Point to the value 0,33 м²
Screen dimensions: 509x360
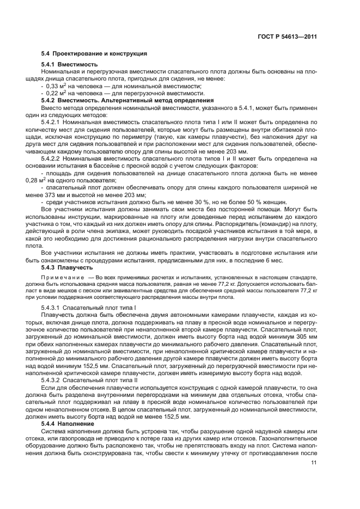pos(56,86)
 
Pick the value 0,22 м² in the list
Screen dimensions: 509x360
pos(56,93)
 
